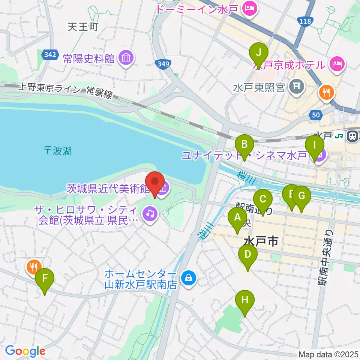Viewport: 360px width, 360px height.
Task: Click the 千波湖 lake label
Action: point(57,151)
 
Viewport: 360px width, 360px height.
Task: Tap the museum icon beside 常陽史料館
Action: point(125,58)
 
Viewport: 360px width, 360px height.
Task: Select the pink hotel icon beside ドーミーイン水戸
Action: point(249,7)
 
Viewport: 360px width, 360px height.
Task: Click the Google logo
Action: point(25,351)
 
